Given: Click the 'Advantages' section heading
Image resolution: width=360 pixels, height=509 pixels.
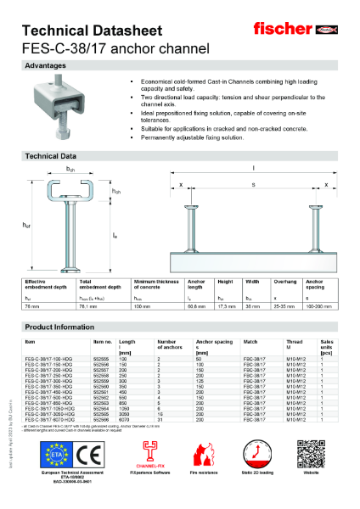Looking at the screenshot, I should (46, 65).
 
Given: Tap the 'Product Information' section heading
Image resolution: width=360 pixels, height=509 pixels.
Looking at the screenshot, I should (59, 326).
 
